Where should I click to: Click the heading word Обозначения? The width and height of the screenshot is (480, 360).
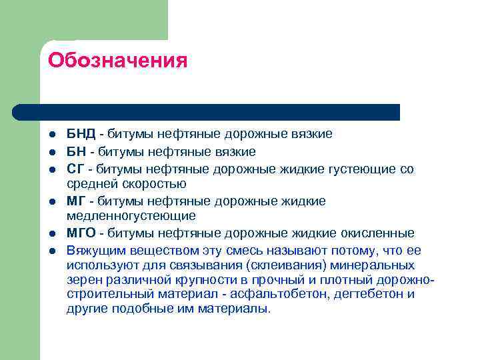(x=117, y=61)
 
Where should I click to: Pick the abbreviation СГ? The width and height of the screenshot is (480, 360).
(x=75, y=169)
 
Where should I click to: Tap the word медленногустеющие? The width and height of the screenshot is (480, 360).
(x=131, y=215)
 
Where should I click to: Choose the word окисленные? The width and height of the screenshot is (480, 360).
(x=379, y=233)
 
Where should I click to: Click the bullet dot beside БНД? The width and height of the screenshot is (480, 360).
(x=53, y=135)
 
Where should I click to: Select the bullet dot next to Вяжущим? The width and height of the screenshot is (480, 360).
(x=53, y=251)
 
